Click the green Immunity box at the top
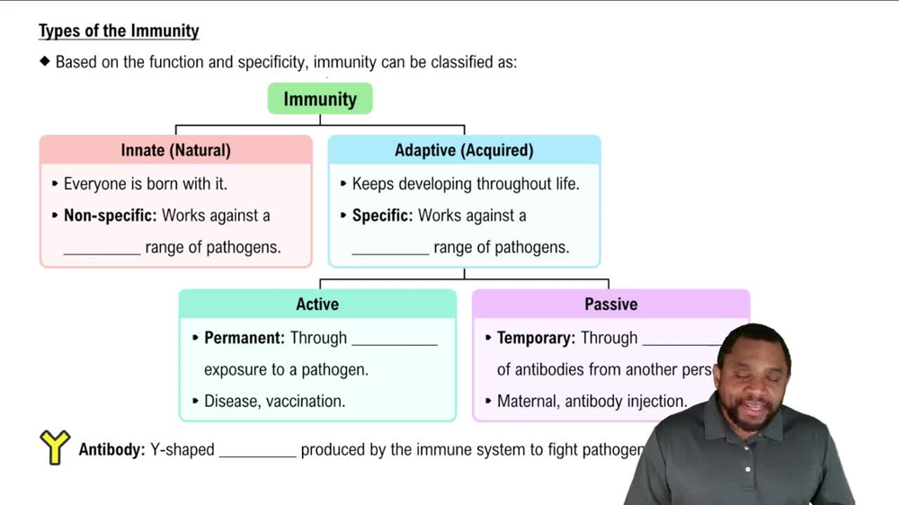[x=320, y=99]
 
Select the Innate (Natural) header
[x=175, y=150]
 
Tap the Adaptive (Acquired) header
[x=464, y=150]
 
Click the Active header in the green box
[x=317, y=304]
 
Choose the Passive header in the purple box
[x=610, y=304]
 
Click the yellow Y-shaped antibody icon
[x=55, y=447]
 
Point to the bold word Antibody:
[x=111, y=449]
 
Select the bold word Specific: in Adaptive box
[x=382, y=216]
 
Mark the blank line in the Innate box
[x=102, y=253]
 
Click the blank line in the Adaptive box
[x=390, y=253]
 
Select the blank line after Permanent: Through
[x=394, y=343]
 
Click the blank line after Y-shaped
[x=257, y=456]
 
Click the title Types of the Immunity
[x=119, y=31]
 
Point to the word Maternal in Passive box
[x=527, y=402]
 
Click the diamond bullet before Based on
[x=45, y=62]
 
